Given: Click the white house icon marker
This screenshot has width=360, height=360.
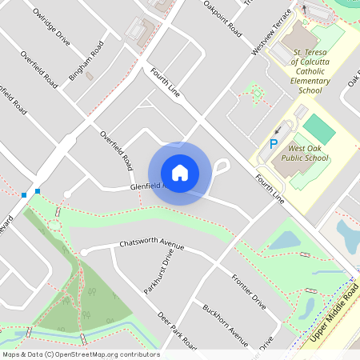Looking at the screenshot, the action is point(180,173).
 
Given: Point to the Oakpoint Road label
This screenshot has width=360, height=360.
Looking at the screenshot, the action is point(222,19).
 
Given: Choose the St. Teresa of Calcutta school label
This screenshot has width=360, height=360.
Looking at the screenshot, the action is point(310,74).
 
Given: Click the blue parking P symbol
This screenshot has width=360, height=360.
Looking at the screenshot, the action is point(273,144).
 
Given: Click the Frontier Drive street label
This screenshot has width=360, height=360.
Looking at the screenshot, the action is point(248,291).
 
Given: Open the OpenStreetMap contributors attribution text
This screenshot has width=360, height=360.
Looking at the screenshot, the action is point(80,354).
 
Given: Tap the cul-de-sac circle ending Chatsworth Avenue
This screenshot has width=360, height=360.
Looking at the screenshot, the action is point(83,252).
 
